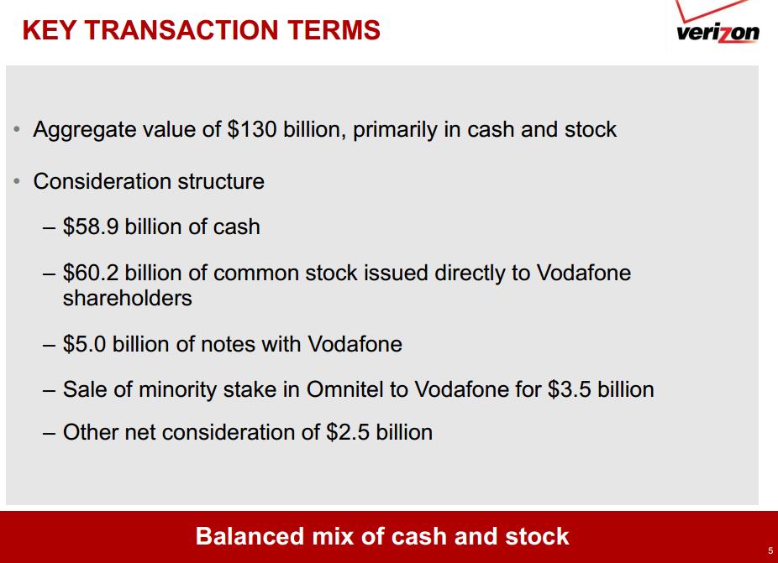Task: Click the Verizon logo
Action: point(718,23)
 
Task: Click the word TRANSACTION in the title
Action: point(182,30)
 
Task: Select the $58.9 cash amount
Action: point(91,227)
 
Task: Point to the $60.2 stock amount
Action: point(91,273)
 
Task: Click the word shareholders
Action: point(128,298)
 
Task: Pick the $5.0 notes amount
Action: point(84,344)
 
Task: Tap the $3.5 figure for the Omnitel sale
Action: point(570,389)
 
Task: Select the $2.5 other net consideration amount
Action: point(348,431)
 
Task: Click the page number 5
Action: point(770,550)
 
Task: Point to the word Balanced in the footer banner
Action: point(250,536)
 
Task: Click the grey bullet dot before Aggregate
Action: point(17,130)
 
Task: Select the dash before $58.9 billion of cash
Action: point(49,228)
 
